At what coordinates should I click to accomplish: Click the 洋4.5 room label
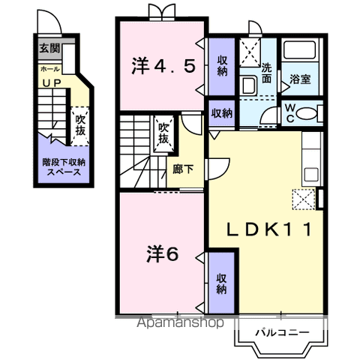164,66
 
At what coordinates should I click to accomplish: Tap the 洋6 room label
161,253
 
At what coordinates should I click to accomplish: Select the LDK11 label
265,228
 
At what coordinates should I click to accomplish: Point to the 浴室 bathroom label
301,77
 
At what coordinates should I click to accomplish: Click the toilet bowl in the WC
306,114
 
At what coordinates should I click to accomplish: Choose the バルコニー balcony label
279,331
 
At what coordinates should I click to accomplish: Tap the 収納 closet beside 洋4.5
222,66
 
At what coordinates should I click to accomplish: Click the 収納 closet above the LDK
222,114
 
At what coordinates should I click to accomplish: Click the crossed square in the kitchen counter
304,199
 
